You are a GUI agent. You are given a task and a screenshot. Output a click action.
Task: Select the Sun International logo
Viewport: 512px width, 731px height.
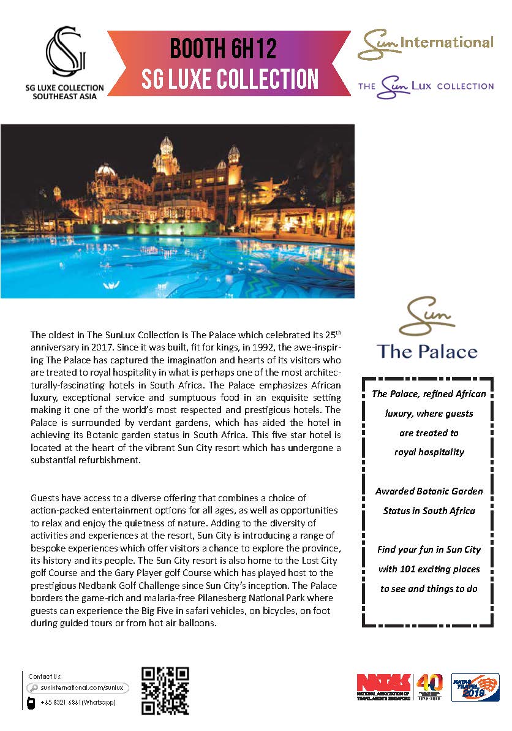tap(425, 45)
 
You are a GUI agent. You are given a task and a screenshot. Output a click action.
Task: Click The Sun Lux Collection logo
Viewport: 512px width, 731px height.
tap(426, 86)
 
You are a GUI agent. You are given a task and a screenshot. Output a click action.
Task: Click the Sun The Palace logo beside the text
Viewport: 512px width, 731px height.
tap(427, 328)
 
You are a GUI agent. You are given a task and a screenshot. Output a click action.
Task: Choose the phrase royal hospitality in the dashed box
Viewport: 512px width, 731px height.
tap(428, 452)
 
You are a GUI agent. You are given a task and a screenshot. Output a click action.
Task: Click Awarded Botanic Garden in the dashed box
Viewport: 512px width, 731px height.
tap(429, 491)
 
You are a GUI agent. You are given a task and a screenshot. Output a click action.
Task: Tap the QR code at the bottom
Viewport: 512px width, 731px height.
tap(165, 691)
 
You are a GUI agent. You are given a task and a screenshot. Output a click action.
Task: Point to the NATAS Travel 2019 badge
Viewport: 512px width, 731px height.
tap(475, 687)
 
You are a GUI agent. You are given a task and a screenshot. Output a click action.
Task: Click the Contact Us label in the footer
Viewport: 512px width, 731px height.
tap(45, 676)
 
